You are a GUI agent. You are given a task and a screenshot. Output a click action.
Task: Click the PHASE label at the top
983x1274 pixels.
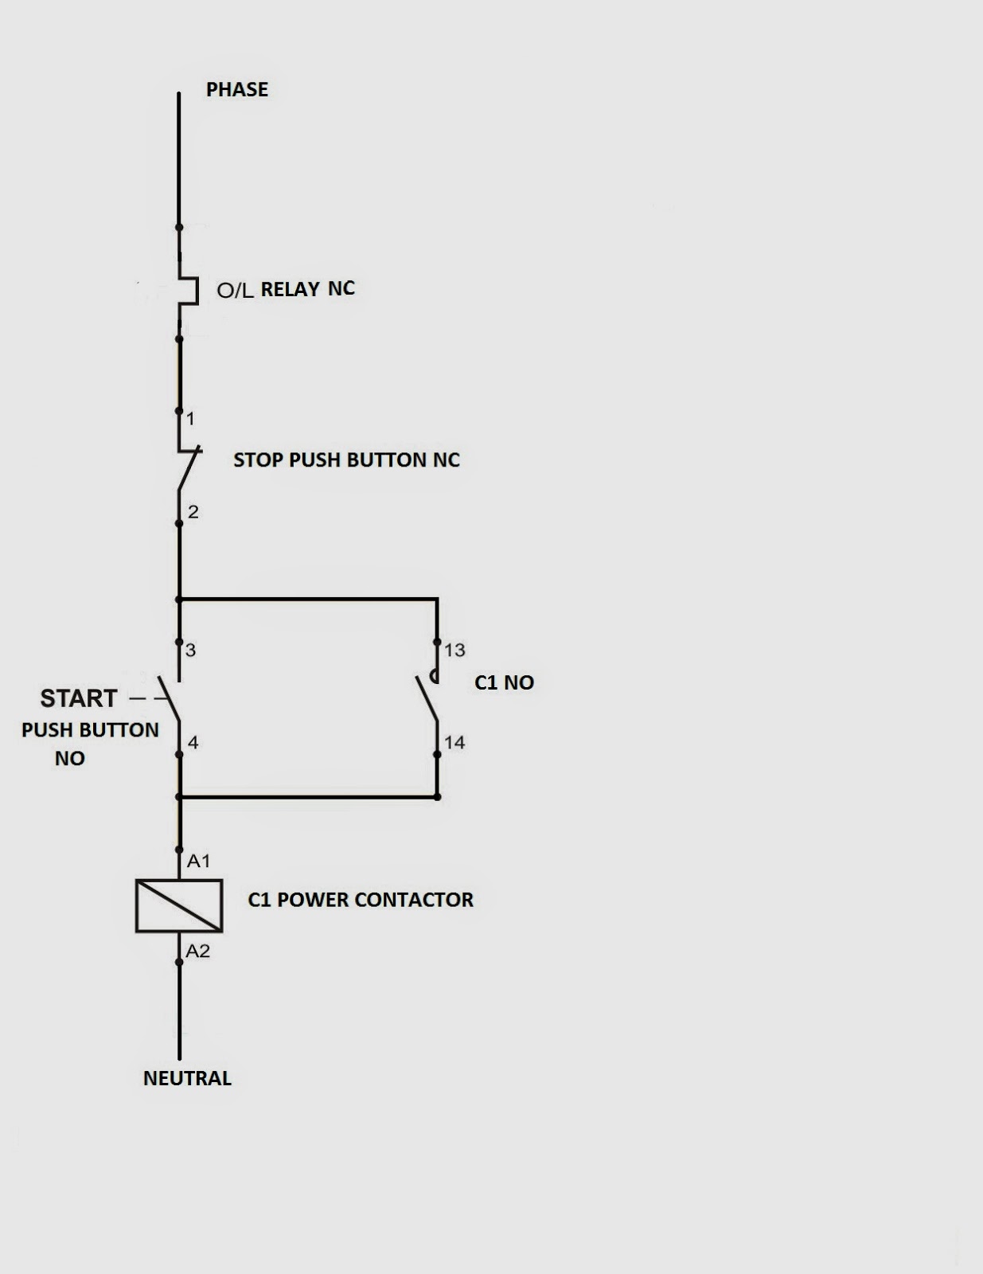(x=236, y=89)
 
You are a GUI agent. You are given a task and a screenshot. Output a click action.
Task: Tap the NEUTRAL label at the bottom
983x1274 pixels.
(x=187, y=1077)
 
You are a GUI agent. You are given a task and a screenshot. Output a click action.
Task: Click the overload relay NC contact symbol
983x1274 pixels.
(x=189, y=291)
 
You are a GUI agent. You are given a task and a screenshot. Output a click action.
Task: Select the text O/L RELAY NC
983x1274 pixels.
(x=286, y=289)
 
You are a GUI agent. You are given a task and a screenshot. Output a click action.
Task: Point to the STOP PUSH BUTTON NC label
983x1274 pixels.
(x=347, y=459)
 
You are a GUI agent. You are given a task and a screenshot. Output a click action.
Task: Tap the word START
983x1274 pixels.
(x=79, y=698)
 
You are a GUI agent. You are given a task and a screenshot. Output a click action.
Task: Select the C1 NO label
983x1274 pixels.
(x=504, y=682)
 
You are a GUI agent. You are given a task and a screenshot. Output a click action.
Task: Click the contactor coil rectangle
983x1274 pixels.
(x=178, y=905)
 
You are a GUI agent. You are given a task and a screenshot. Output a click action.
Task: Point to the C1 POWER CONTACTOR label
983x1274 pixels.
(x=361, y=899)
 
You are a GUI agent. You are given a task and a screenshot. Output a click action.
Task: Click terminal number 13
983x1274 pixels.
(x=454, y=650)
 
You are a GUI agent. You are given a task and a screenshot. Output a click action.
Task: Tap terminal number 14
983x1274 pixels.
(x=454, y=742)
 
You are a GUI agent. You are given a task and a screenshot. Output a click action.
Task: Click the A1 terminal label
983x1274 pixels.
(x=199, y=861)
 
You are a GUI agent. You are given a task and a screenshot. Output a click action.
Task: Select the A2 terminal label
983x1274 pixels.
(x=198, y=951)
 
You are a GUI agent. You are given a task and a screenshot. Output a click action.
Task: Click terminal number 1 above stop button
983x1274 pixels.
(x=190, y=419)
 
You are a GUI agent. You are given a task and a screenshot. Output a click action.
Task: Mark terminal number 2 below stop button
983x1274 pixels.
(x=193, y=512)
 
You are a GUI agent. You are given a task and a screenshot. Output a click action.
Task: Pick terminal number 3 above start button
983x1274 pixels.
(x=190, y=650)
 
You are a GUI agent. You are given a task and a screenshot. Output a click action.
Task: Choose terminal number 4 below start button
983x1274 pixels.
(x=193, y=742)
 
